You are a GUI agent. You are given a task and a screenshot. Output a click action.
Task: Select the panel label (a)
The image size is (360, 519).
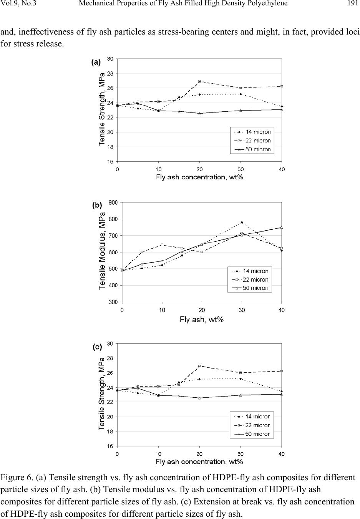tap(96, 62)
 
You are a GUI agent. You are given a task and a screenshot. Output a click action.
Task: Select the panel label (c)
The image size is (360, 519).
tap(97, 347)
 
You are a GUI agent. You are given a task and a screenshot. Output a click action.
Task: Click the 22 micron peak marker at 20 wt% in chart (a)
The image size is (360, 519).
tap(199, 81)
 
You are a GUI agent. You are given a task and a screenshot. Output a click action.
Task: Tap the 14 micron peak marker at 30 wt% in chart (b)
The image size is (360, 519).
tap(242, 222)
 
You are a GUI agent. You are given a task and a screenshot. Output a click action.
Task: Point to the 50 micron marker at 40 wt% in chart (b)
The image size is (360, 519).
tap(282, 228)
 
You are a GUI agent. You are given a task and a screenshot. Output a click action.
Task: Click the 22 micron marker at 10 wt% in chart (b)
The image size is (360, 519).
tap(162, 245)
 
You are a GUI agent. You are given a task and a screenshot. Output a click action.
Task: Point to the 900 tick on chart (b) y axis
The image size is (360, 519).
tap(114, 202)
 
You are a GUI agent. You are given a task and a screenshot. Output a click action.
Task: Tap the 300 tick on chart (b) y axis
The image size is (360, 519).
tap(114, 302)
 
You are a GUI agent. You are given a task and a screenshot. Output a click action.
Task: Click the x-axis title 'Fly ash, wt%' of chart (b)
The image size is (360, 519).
tap(202, 319)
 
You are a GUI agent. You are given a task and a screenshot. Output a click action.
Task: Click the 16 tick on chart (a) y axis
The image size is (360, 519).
tap(110, 162)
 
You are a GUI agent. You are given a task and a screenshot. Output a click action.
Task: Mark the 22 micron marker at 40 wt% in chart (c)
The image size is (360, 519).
tap(282, 371)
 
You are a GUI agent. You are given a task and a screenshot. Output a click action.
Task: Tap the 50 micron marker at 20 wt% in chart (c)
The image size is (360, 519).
tap(199, 398)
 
